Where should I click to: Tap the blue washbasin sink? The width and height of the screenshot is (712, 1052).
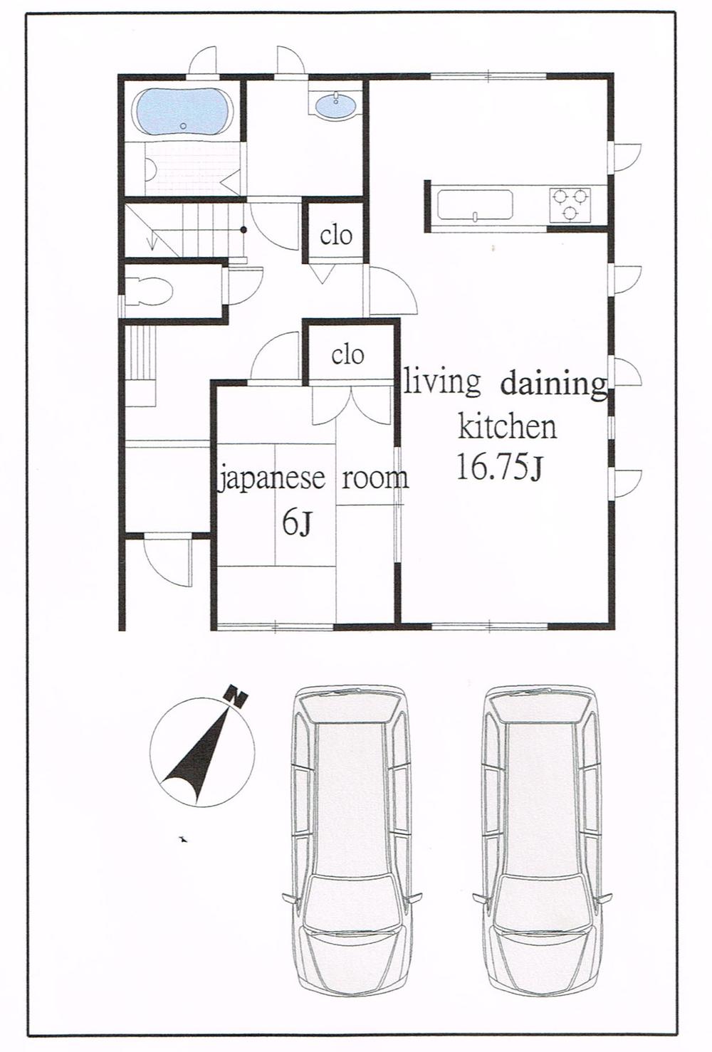point(335,107)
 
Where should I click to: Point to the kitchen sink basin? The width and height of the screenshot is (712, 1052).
point(475,206)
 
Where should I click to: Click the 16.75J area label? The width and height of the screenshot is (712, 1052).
point(500,468)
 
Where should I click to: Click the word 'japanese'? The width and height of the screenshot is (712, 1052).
point(271,478)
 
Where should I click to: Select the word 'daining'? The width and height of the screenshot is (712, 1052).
point(553,384)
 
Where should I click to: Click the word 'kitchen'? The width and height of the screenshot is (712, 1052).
point(507,427)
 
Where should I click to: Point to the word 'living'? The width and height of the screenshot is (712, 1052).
point(442,382)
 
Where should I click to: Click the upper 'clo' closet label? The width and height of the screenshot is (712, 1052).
point(335,234)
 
